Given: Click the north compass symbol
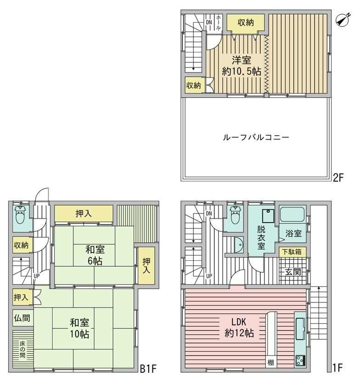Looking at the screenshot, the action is click(343, 20).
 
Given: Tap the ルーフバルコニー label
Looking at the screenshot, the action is click(256, 138).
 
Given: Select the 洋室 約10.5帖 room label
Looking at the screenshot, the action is click(242, 66).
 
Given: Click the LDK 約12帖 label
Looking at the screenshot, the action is click(239, 327).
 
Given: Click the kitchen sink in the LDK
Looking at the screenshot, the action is click(300, 329).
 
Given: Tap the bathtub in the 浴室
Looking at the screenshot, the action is click(292, 214).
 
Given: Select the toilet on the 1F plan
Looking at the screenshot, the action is click(235, 215).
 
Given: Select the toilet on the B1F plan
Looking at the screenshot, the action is click(20, 215).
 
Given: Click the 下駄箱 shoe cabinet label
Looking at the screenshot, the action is click(292, 252).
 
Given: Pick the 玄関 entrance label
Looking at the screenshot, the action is click(293, 272).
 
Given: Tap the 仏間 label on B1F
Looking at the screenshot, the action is click(22, 318).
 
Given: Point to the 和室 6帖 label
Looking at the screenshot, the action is click(95, 255).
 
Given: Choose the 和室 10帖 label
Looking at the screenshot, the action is click(79, 329).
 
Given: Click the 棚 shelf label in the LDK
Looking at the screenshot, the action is click(270, 363).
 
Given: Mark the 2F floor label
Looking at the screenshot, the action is click(338, 178).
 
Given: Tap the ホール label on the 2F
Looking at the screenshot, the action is click(218, 22).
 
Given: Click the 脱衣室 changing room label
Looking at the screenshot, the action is click(261, 238).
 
